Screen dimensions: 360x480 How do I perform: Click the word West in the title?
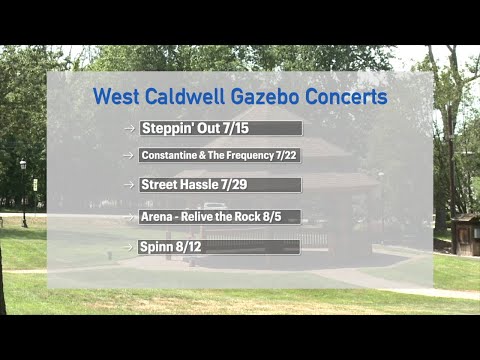[x=116, y=97]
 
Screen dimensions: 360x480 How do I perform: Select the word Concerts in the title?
[x=349, y=97]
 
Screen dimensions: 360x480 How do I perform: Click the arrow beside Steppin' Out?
[x=129, y=129]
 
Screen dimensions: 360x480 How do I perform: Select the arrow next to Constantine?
[x=129, y=156]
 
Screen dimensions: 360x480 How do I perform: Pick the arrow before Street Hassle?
[x=129, y=186]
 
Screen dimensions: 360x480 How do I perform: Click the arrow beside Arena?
[x=129, y=216]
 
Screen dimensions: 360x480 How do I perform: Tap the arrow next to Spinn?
[x=129, y=246]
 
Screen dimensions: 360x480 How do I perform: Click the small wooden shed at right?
[x=465, y=234]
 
